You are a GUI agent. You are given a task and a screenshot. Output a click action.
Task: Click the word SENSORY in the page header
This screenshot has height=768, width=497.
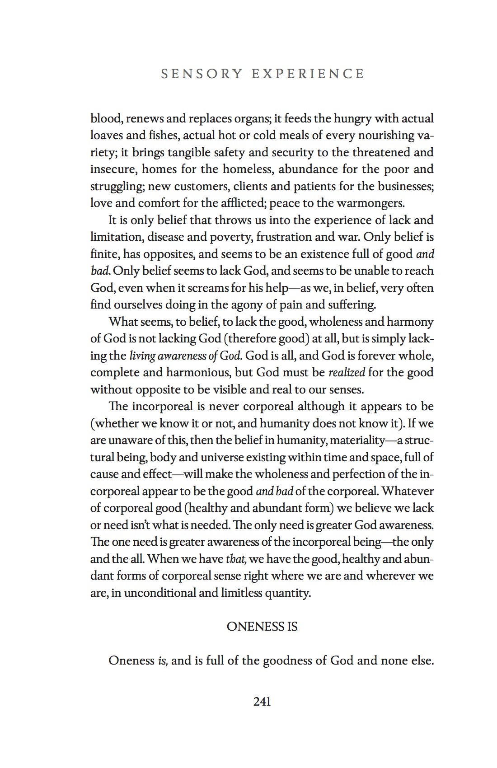(202, 74)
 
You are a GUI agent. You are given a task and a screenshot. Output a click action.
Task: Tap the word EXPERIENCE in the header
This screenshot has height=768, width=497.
(308, 74)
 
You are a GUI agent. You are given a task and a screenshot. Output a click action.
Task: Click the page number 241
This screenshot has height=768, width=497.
(262, 702)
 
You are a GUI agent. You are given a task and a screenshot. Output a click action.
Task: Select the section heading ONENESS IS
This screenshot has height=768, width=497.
(262, 627)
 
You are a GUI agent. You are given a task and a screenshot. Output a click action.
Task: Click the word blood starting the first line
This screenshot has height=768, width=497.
(107, 118)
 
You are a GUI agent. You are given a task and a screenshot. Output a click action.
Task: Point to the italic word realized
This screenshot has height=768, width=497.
(346, 372)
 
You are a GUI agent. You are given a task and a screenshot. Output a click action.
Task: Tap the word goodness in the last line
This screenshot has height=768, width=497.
(287, 660)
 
